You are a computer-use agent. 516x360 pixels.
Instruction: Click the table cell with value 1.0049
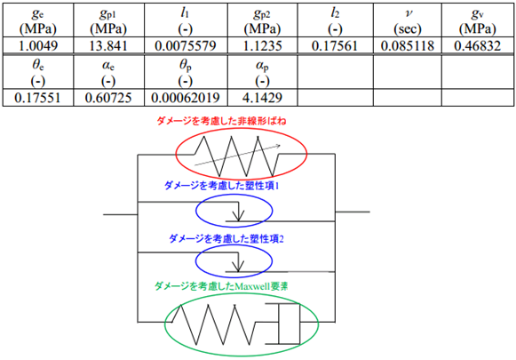(38, 45)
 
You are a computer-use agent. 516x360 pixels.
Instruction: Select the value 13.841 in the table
(108, 45)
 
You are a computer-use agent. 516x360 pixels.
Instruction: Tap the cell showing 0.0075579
(186, 45)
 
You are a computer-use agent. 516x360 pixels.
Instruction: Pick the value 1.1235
(262, 45)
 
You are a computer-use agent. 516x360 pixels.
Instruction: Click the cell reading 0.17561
(335, 45)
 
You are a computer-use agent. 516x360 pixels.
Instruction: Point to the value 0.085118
(408, 45)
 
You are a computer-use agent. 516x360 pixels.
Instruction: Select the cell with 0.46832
(478, 45)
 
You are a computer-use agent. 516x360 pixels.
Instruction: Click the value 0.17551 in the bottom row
(37, 98)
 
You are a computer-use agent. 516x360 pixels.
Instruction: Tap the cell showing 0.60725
(108, 98)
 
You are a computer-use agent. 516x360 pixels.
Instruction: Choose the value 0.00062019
(186, 98)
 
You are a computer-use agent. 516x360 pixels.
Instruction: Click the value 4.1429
(262, 98)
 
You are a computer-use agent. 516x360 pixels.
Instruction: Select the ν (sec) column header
(408, 21)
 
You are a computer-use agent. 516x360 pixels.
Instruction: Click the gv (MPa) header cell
(478, 21)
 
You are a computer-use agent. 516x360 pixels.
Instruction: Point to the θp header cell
(186, 73)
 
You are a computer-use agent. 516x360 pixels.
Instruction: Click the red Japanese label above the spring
(221, 121)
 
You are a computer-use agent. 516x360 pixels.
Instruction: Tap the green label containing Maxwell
(221, 286)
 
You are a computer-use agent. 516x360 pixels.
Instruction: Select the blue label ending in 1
(221, 186)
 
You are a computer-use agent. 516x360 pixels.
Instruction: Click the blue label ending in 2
(226, 238)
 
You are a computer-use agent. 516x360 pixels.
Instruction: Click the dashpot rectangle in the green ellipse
(290, 324)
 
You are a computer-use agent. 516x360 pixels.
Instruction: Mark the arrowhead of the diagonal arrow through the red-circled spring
(278, 146)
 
